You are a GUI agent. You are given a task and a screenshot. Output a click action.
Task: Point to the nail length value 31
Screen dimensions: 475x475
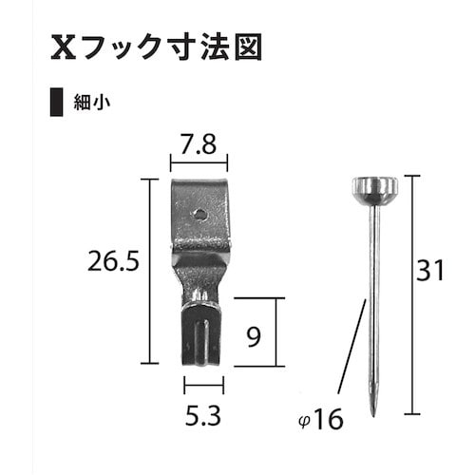pyautogui.click(x=431, y=272)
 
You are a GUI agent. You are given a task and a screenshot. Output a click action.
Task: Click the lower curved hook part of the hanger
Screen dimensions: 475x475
pyautogui.click(x=201, y=332)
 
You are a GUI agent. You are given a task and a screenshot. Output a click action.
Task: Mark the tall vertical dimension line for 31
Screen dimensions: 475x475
pyautogui.click(x=410, y=294)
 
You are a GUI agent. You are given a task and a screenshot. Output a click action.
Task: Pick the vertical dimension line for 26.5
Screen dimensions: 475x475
pyautogui.click(x=149, y=271)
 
